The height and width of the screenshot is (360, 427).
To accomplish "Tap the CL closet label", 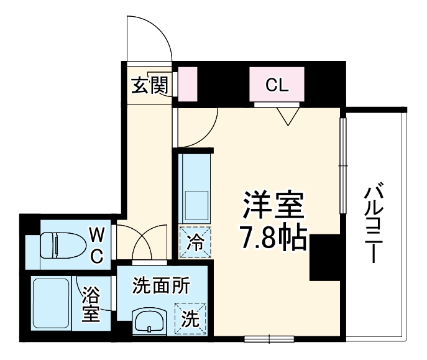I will (277, 86).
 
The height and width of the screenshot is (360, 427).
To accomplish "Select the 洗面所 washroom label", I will (161, 287).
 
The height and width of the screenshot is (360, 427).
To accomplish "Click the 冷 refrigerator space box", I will (195, 242).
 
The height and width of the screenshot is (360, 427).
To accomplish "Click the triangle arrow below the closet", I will (286, 116).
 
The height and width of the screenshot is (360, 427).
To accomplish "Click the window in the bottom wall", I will (268, 339).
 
